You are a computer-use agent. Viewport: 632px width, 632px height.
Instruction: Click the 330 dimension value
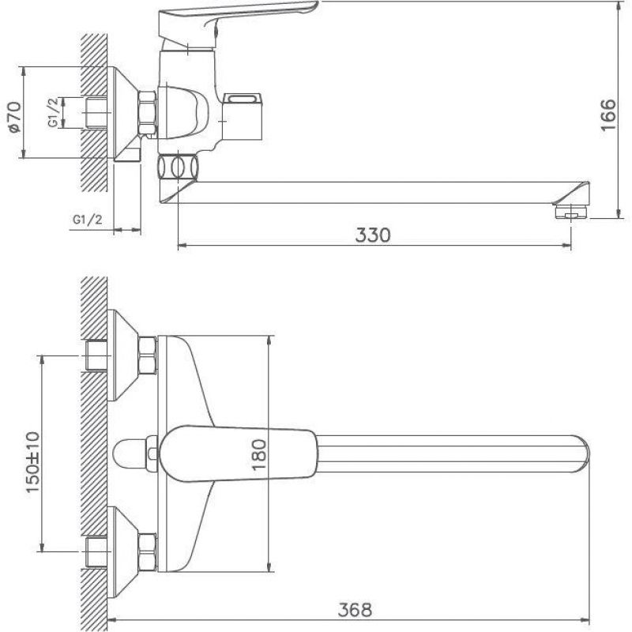click(x=373, y=235)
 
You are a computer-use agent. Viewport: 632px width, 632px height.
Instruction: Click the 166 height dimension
click(x=608, y=115)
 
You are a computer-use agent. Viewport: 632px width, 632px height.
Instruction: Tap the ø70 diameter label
click(x=14, y=117)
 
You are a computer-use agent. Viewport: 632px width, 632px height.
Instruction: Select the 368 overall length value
click(x=355, y=610)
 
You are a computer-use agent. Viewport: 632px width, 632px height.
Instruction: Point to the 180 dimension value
click(x=259, y=454)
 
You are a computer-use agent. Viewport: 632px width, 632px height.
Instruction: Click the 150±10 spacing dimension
click(x=33, y=462)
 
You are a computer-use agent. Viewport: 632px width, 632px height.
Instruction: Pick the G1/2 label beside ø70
click(x=55, y=112)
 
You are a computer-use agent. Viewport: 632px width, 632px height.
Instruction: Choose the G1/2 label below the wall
click(x=88, y=220)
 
